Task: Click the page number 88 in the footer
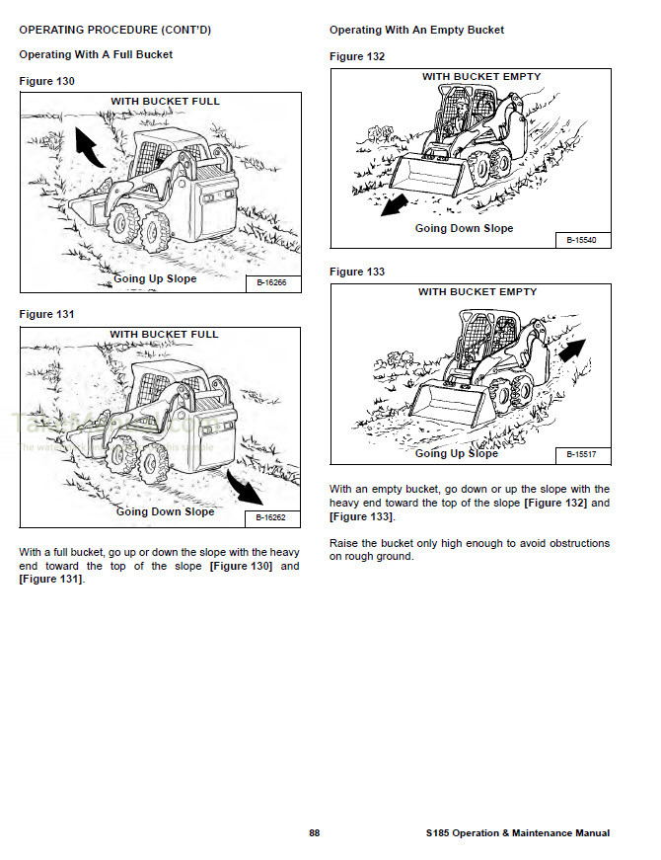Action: [x=314, y=833]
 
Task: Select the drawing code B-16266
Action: [x=271, y=283]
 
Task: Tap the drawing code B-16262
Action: [x=271, y=517]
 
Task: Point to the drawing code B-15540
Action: [x=582, y=240]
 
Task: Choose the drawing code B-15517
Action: [x=582, y=455]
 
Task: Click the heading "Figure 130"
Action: [x=46, y=81]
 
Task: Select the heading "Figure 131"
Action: [x=46, y=314]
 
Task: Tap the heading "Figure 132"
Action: [x=357, y=56]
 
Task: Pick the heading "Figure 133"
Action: [x=357, y=272]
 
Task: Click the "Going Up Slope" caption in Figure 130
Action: [x=155, y=278]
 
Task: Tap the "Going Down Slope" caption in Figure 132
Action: [x=464, y=228]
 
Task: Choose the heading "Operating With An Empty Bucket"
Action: [x=416, y=31]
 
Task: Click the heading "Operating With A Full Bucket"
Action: [x=96, y=54]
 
